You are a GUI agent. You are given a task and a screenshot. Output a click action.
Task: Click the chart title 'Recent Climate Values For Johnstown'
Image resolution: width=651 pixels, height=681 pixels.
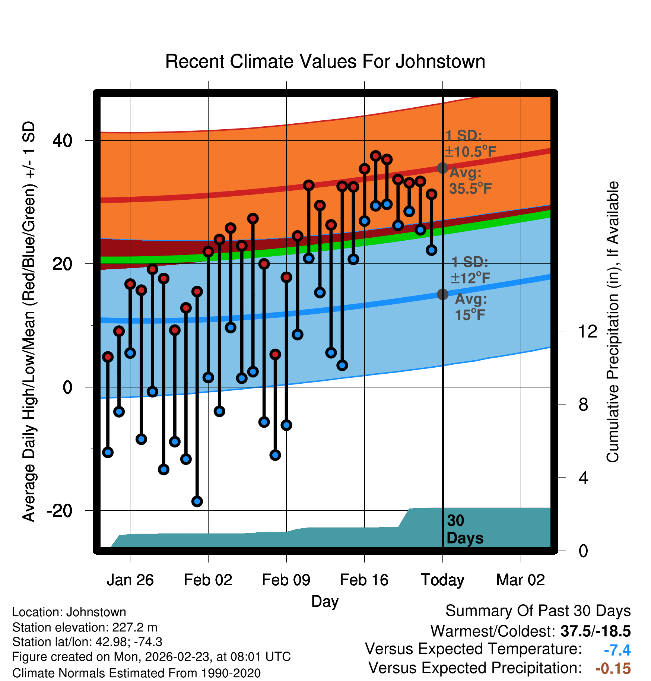pos(325,61)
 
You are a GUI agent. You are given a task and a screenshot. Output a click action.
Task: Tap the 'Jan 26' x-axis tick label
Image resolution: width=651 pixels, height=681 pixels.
pos(130,580)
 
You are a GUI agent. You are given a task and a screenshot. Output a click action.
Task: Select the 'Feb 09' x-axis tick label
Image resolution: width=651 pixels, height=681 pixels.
pos(286,580)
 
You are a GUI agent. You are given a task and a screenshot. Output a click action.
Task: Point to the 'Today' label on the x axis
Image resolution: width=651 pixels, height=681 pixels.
pos(442,580)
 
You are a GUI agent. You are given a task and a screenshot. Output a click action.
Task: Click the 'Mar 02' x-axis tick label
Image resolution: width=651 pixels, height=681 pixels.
pos(521,580)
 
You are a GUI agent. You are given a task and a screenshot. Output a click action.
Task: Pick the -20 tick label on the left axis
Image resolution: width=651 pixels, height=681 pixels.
pos(60,510)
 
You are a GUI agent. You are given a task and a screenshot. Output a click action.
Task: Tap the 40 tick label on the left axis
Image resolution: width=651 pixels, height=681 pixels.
pos(63,140)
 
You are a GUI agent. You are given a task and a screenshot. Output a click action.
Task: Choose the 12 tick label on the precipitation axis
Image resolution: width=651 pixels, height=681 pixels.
pos(588,331)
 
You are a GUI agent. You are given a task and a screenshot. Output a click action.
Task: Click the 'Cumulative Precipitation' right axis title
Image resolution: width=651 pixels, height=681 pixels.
pos(613,322)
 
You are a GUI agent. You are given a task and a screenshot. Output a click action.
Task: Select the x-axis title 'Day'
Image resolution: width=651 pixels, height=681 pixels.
pos(325,601)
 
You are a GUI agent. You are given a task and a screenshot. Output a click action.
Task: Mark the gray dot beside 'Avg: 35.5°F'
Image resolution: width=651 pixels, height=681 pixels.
pos(442,168)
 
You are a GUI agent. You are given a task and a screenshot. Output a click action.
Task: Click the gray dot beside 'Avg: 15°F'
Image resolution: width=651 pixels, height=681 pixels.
pos(442,294)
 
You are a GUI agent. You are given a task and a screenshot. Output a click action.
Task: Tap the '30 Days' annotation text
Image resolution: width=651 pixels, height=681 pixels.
pos(465,529)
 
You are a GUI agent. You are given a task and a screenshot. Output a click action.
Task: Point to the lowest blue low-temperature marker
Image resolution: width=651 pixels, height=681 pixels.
pos(197,501)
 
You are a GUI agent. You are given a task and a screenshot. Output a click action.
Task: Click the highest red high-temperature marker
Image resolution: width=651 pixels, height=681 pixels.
pos(375,156)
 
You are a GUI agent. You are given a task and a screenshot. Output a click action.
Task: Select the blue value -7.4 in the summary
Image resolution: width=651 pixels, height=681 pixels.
pos(617,650)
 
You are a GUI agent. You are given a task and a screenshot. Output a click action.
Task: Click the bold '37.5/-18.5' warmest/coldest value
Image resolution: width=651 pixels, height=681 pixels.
pos(596,631)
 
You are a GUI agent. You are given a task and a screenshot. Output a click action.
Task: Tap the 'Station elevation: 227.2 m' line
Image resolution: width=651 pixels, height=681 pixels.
pos(85,627)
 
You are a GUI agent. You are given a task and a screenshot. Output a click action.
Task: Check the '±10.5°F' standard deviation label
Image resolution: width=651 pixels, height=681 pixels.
pos(470,152)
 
